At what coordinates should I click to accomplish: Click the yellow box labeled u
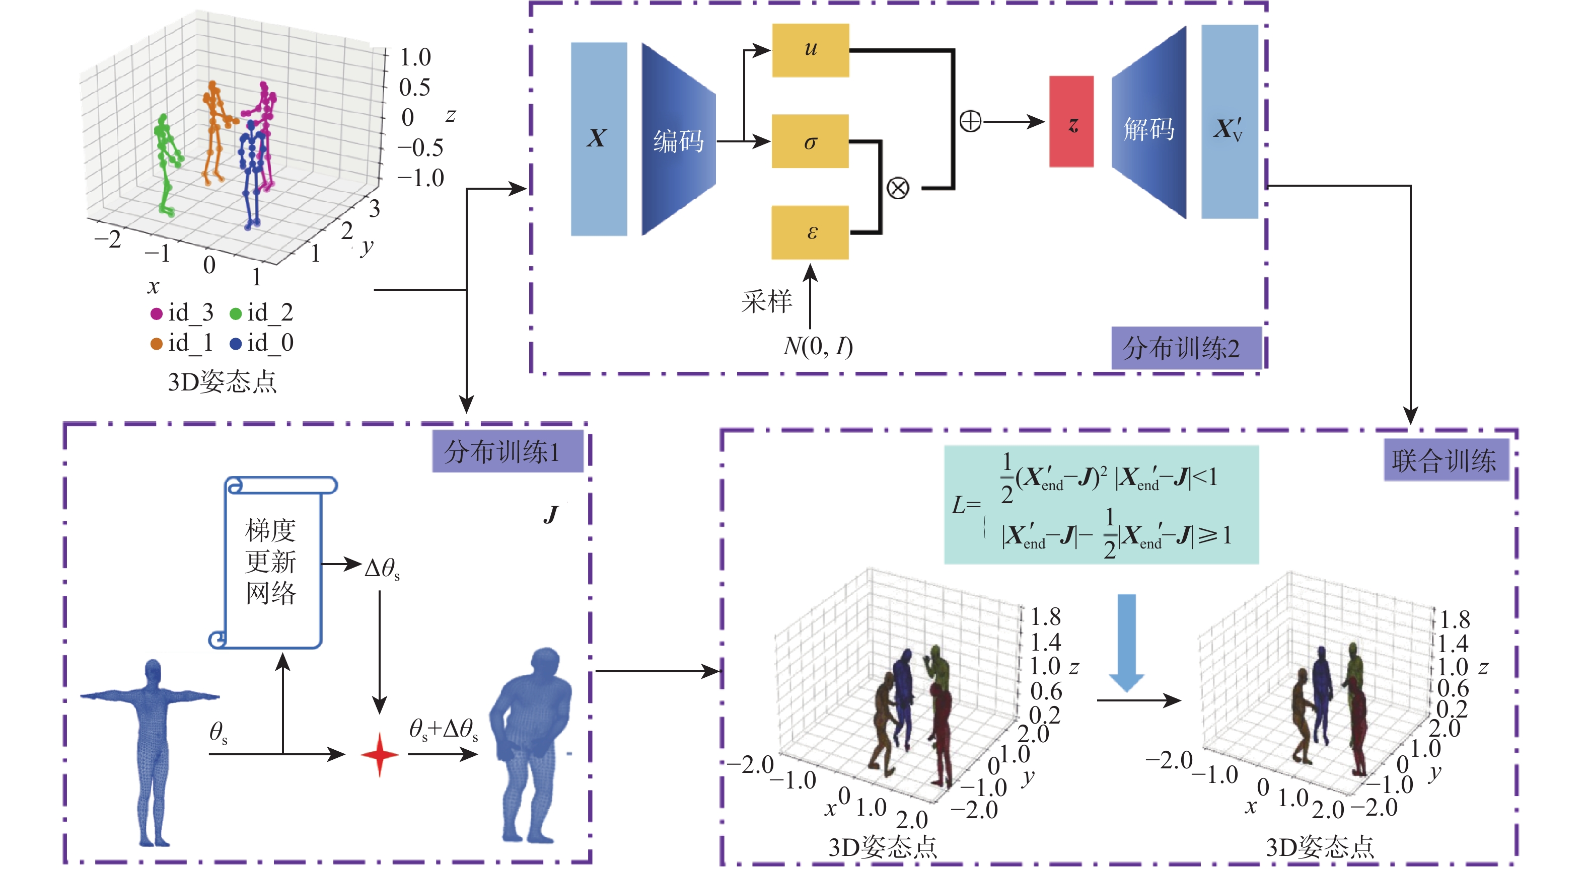point(810,50)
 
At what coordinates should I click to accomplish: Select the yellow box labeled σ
point(810,141)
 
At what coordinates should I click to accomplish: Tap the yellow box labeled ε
point(810,232)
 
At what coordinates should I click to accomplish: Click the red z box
point(1071,122)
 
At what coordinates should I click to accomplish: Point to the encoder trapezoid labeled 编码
point(678,140)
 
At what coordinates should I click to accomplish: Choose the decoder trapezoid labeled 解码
point(1149,123)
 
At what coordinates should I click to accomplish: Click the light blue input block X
point(599,138)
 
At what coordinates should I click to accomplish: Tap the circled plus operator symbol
point(970,121)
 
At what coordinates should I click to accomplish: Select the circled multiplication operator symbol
point(898,187)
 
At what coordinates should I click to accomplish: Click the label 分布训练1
point(508,452)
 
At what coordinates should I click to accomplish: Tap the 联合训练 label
point(1445,460)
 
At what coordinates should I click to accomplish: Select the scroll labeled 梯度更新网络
point(272,561)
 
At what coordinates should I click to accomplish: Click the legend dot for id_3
point(157,314)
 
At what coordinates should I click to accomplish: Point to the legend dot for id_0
point(235,343)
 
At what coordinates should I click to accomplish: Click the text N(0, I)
point(818,347)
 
